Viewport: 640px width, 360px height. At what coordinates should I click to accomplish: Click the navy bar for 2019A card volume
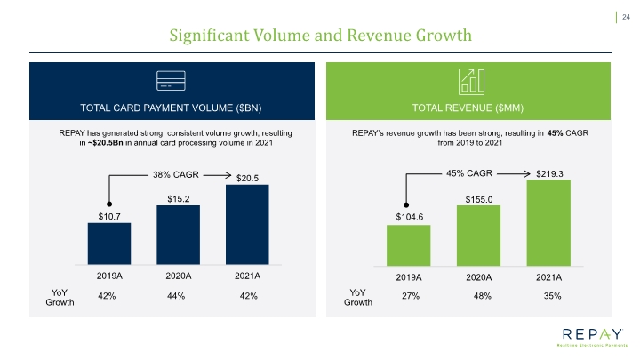point(109,244)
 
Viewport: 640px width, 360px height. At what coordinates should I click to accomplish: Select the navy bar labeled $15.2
point(179,235)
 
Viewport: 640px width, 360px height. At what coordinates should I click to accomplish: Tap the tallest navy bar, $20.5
point(247,225)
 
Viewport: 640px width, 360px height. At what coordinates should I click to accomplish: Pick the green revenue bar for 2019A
point(409,245)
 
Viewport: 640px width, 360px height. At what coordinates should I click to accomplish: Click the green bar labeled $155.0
point(478,236)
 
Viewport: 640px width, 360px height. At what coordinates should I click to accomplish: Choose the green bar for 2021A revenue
point(548,223)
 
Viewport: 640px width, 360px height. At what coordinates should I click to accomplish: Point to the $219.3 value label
point(549,174)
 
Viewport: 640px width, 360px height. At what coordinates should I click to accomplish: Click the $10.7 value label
point(109,216)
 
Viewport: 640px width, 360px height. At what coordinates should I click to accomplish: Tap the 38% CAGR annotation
point(176,175)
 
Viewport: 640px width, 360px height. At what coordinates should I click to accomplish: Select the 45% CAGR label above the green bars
point(469,173)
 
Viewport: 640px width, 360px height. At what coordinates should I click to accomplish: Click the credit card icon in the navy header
point(171,81)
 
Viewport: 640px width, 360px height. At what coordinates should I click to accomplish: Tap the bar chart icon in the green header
point(471,82)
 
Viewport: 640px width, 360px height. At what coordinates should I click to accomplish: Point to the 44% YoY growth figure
point(176,296)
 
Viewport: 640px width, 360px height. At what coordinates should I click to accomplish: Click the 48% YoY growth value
point(482,296)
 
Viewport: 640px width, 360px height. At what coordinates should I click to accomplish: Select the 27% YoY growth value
point(411,296)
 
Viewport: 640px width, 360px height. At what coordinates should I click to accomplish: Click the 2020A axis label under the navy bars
point(179,276)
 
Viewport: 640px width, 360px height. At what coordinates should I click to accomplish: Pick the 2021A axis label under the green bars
point(549,277)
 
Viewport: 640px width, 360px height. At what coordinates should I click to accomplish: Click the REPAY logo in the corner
point(593,337)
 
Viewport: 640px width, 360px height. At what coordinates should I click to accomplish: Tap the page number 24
point(626,17)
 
